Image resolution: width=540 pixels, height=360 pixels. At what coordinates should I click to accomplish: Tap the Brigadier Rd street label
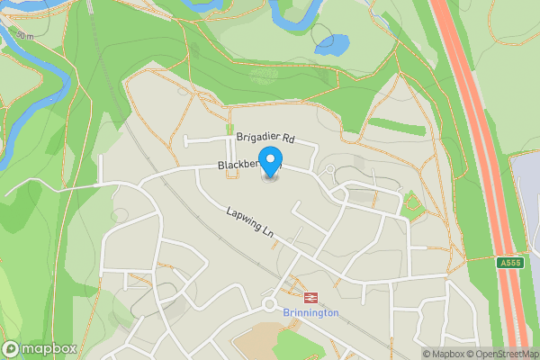pos(265,139)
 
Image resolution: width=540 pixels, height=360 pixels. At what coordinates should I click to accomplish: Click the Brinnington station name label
pos(310,312)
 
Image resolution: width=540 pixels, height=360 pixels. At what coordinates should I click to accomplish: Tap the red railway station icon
pos(310,296)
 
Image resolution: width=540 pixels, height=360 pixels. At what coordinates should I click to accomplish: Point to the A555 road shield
pos(509,263)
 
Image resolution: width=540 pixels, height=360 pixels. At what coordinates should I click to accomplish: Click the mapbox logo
pos(39,348)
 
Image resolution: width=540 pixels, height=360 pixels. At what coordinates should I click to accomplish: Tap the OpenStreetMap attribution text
pos(502,354)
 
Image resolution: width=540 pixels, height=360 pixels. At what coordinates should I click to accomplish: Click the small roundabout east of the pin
pos(330,169)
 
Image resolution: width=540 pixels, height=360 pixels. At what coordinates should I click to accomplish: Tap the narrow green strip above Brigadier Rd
pos(396,126)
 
